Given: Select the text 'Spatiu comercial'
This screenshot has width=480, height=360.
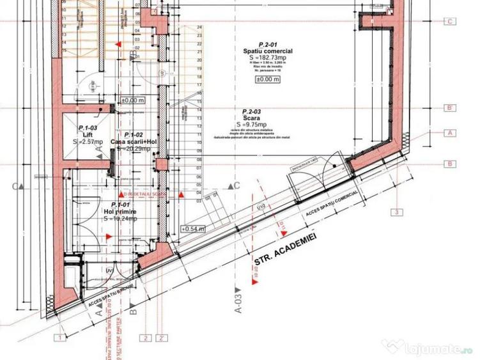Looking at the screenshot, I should pos(268,51).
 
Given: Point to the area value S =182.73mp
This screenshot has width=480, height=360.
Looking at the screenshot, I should pos(268,57).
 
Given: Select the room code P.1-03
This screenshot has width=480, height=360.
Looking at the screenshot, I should pos(88,128).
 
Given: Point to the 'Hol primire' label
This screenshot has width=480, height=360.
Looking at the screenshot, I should pos(118,211).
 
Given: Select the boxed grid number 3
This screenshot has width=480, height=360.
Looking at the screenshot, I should pos(397,212).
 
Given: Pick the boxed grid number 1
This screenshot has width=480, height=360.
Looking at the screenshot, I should pos(59,338).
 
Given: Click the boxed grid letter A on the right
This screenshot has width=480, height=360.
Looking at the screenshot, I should pos(451,133).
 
